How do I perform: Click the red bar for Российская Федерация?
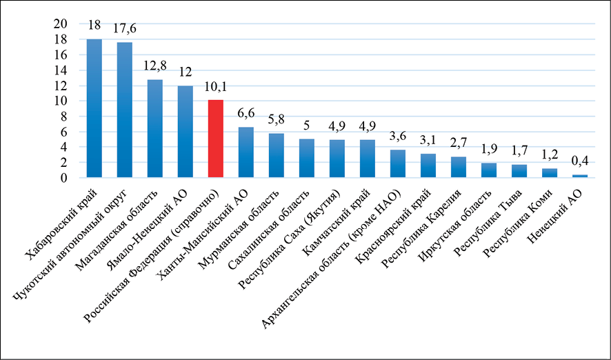pos(216,139)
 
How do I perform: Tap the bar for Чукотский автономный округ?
pos(125,110)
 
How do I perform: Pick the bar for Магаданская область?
pos(155,128)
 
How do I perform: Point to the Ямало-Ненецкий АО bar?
pos(186,132)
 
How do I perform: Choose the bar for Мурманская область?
pos(277,155)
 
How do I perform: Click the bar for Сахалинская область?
pos(307,159)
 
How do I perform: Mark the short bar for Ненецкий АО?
pos(580,176)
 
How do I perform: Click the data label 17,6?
pos(125,29)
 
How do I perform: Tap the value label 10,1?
pos(216,88)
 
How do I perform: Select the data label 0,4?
pos(580,163)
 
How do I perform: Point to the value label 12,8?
pos(155,67)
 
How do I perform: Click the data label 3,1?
pos(428,141)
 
